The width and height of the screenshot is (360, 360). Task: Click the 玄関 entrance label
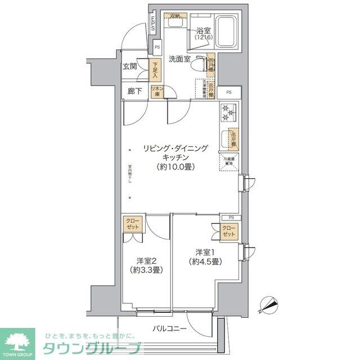(x=130, y=66)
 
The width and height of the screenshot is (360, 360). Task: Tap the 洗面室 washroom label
(x=179, y=58)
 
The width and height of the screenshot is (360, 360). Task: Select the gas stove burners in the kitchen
(x=228, y=112)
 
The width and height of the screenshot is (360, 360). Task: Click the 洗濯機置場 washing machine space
(x=201, y=89)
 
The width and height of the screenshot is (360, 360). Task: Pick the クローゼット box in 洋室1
(x=229, y=231)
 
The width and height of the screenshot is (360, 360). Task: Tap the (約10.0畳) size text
(x=176, y=167)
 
